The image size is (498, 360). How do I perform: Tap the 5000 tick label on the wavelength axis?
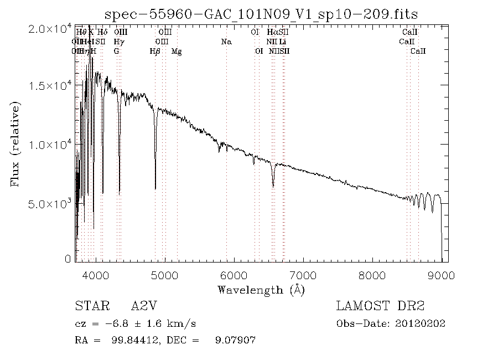(x=164, y=275)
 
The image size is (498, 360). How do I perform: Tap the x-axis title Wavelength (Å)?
(x=261, y=290)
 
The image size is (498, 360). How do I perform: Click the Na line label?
(x=226, y=42)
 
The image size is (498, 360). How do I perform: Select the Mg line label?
(x=177, y=51)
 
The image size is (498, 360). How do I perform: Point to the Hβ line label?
(x=155, y=51)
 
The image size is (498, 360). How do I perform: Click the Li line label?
(x=283, y=42)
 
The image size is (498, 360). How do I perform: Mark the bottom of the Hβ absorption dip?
(x=155, y=189)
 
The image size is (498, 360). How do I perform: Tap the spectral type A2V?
(x=142, y=306)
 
